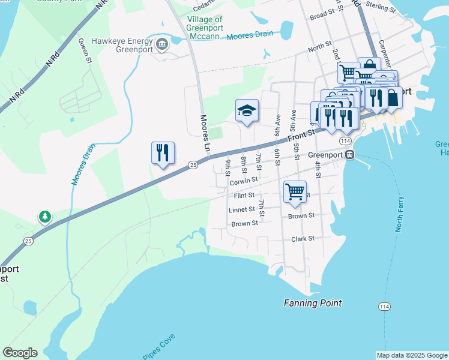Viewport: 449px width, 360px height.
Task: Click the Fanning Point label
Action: (x=313, y=303)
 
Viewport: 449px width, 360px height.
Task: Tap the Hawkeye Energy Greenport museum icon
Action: (x=161, y=44)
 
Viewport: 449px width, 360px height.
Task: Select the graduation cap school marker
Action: (x=247, y=111)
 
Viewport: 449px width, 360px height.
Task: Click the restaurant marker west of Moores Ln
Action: (x=163, y=154)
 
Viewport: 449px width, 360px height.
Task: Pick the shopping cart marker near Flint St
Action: (x=295, y=192)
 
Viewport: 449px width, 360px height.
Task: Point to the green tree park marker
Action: (x=45, y=216)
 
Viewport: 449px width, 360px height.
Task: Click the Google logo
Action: (x=20, y=353)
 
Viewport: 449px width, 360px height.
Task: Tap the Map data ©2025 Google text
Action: (x=412, y=355)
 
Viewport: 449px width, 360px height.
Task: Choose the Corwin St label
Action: (x=243, y=179)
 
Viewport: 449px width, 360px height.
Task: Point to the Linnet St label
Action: (x=242, y=210)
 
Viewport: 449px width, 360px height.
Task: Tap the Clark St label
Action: (x=303, y=238)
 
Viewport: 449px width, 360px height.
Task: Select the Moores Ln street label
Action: (x=204, y=133)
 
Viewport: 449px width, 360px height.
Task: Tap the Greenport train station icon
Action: (x=349, y=154)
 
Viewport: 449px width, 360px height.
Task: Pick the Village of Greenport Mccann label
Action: (x=204, y=28)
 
